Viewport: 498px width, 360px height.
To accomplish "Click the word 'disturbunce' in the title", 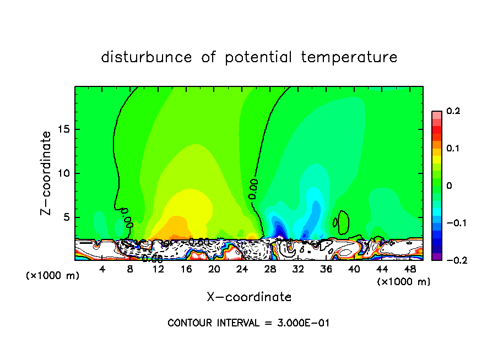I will pyautogui.click(x=147, y=57).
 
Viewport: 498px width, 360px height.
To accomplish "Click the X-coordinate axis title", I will pyautogui.click(x=249, y=297).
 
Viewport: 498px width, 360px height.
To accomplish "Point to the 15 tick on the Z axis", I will pyautogui.click(x=64, y=130).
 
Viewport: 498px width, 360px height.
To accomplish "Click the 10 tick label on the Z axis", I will pyautogui.click(x=64, y=173).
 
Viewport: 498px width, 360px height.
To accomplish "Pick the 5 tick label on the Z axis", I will pyautogui.click(x=67, y=217).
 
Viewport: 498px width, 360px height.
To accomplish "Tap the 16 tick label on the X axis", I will pyautogui.click(x=186, y=270).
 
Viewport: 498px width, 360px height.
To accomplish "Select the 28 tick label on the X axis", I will pyautogui.click(x=270, y=270).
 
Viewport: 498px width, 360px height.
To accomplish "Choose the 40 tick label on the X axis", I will pyautogui.click(x=354, y=270).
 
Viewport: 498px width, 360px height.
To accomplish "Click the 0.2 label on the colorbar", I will pyautogui.click(x=453, y=111).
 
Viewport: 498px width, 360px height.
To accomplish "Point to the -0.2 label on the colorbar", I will pyautogui.click(x=453, y=260).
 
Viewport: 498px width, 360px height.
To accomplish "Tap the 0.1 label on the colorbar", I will pyautogui.click(x=453, y=148).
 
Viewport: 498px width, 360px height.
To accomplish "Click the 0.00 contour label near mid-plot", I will pyautogui.click(x=253, y=188).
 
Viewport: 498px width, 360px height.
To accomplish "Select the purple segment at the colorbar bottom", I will pyautogui.click(x=436, y=256).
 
